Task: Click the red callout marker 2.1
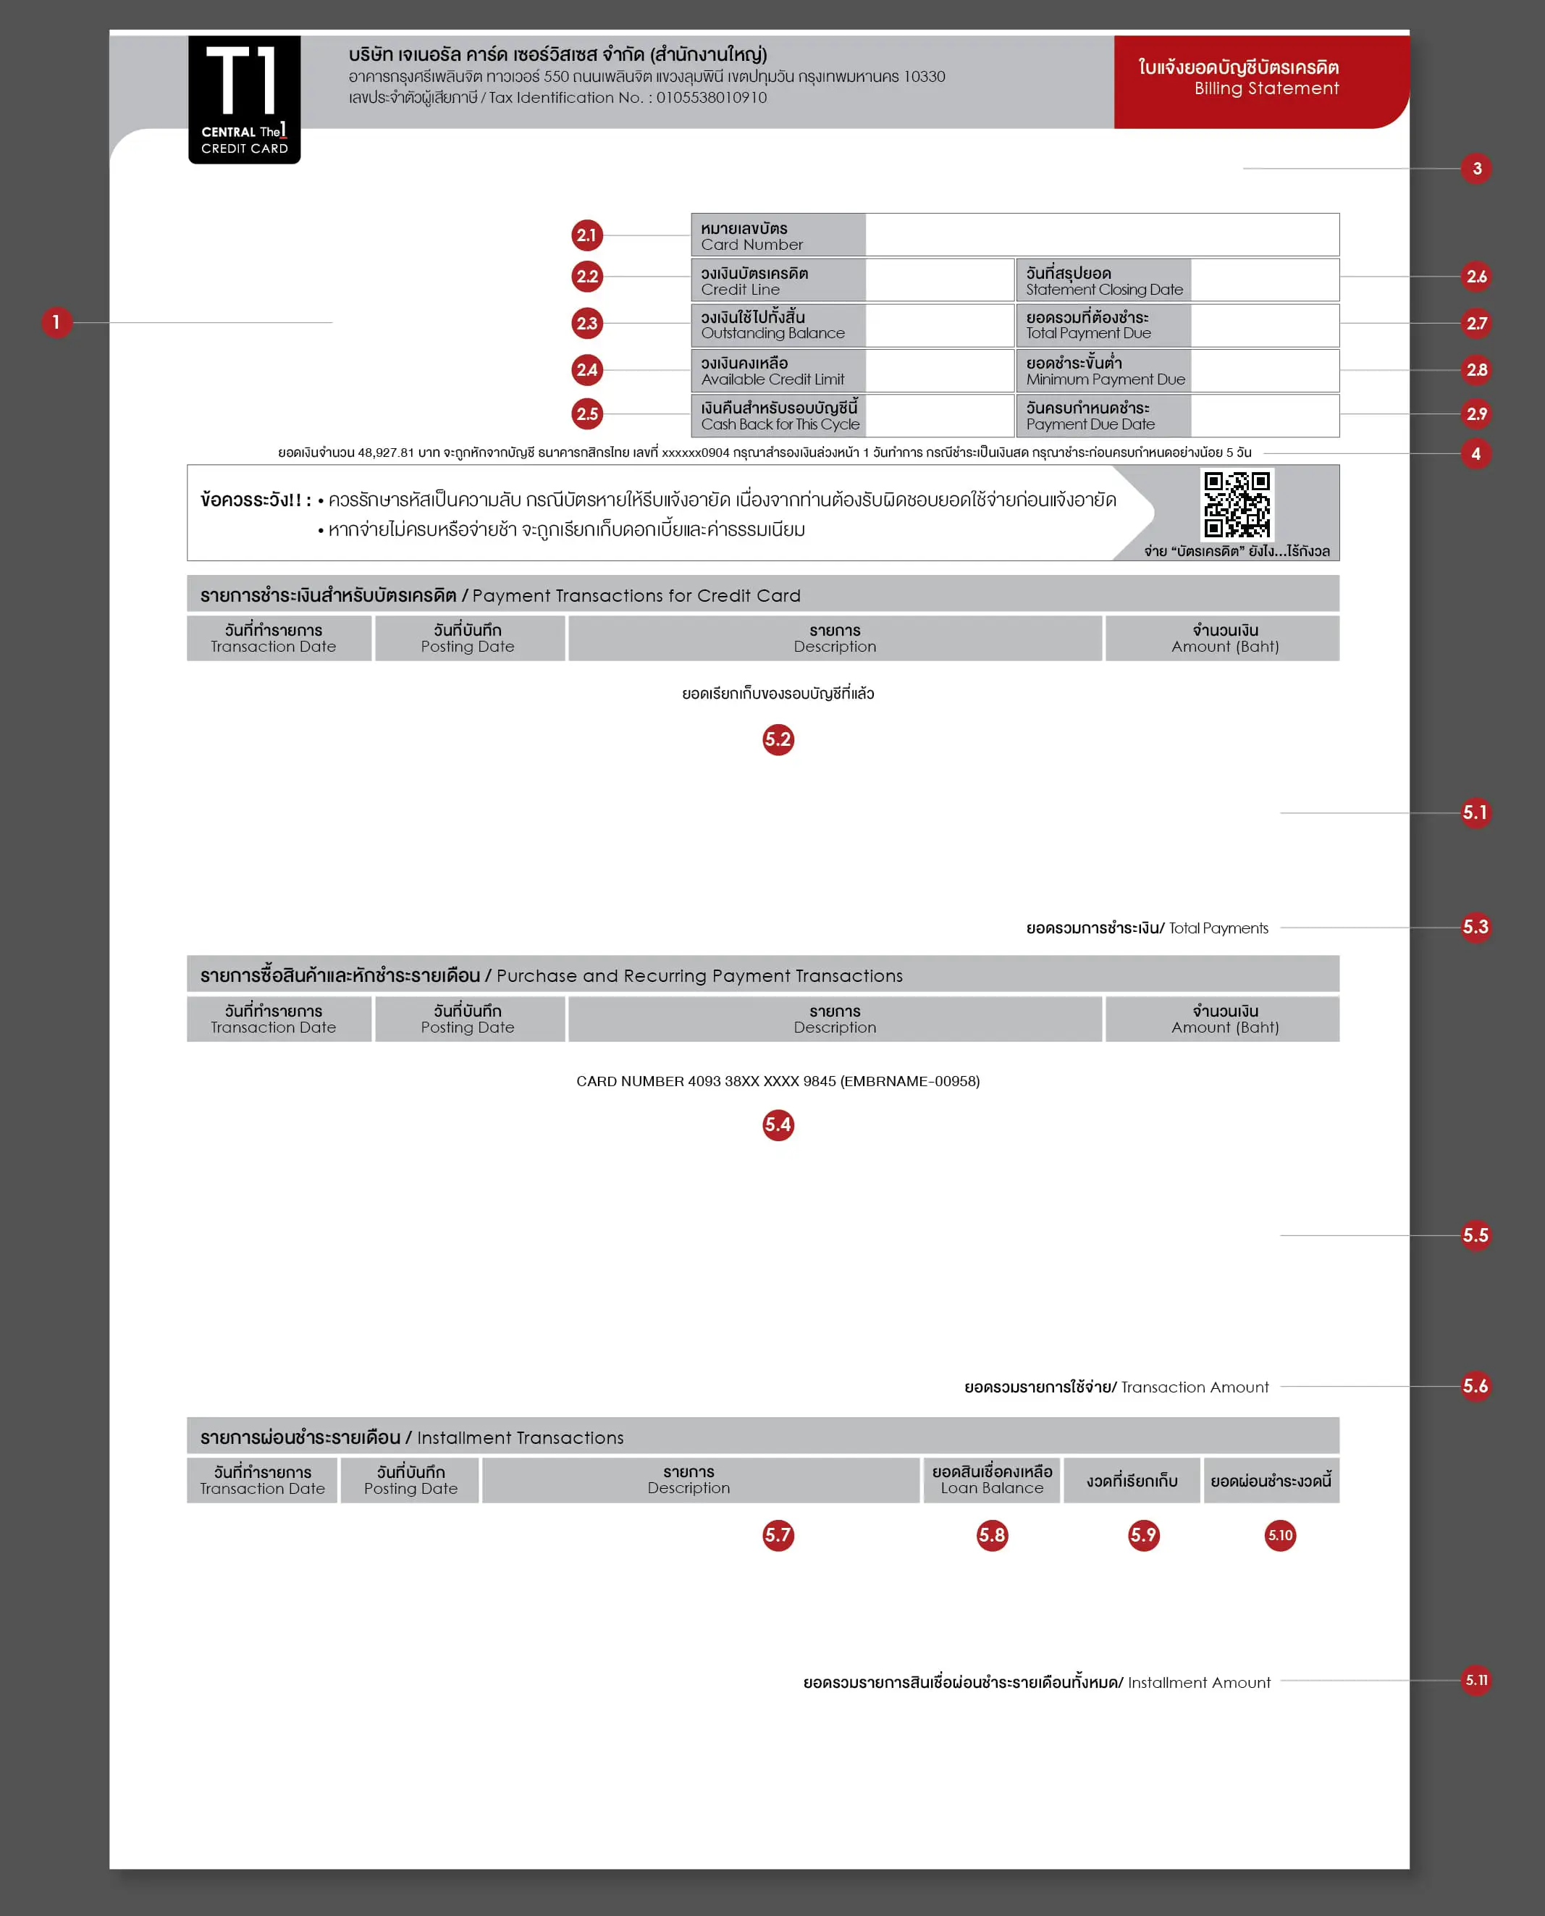tap(586, 235)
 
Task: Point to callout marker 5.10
tap(1280, 1534)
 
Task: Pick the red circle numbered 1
tap(56, 322)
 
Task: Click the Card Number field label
tap(777, 236)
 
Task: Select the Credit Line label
tap(777, 281)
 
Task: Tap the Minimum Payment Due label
tap(1103, 371)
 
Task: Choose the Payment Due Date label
tap(1103, 416)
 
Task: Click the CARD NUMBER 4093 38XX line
tap(777, 1081)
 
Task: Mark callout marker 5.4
tap(778, 1125)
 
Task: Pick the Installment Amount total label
tap(1036, 1682)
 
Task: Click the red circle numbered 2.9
tap(1475, 413)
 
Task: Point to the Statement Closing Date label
tap(1103, 281)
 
